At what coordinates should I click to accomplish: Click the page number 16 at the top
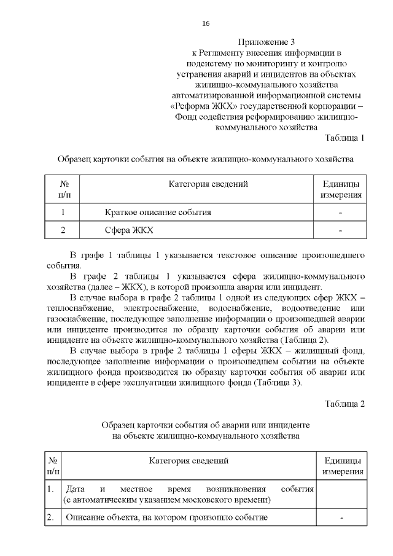(x=206, y=23)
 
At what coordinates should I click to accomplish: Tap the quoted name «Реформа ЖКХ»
(x=196, y=106)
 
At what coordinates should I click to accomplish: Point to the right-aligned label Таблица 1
(x=344, y=137)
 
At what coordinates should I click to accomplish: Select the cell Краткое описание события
(x=158, y=212)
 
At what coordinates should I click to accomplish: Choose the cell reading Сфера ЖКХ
(x=128, y=230)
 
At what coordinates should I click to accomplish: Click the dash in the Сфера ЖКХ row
(x=340, y=230)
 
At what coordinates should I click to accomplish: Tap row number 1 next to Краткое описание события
(x=64, y=212)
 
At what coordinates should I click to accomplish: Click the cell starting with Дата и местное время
(x=190, y=495)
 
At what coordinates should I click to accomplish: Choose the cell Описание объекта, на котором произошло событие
(x=166, y=517)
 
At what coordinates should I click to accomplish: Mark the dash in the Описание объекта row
(x=341, y=517)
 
